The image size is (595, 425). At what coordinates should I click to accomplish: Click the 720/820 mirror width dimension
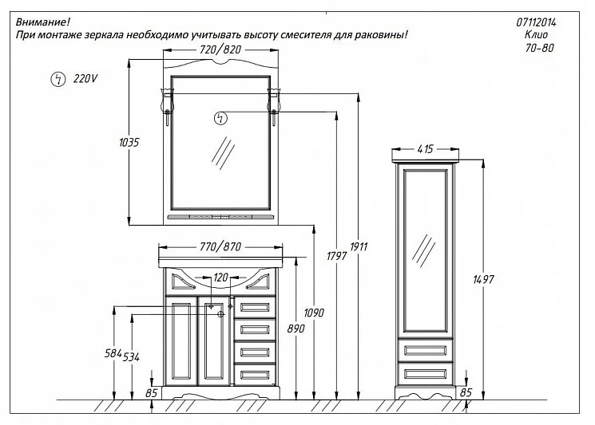pyautogui.click(x=220, y=49)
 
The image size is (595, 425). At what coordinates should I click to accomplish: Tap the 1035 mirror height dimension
pyautogui.click(x=129, y=143)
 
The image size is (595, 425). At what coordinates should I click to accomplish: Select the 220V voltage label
pyautogui.click(x=85, y=79)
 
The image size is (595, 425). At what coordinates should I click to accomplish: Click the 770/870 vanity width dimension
pyautogui.click(x=220, y=247)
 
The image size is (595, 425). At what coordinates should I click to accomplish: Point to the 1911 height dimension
pyautogui.click(x=359, y=247)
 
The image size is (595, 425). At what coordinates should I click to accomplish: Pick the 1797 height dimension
pyautogui.click(x=336, y=257)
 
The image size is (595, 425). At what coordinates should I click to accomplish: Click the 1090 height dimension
pyautogui.click(x=314, y=313)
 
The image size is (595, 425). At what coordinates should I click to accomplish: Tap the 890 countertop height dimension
pyautogui.click(x=296, y=329)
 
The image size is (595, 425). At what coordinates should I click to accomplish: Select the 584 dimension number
pyautogui.click(x=113, y=354)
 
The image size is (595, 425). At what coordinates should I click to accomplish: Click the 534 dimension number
pyautogui.click(x=131, y=357)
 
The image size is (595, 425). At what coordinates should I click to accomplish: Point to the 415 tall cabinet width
pyautogui.click(x=425, y=149)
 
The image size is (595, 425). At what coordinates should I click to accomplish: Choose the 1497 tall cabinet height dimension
pyautogui.click(x=483, y=280)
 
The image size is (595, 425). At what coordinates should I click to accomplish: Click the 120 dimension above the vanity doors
pyautogui.click(x=220, y=277)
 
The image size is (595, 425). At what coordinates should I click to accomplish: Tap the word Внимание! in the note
pyautogui.click(x=43, y=22)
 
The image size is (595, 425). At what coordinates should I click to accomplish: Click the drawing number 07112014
pyautogui.click(x=536, y=22)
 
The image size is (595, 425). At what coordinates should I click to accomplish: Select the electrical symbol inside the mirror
pyautogui.click(x=220, y=118)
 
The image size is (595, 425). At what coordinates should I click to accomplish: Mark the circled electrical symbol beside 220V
pyautogui.click(x=58, y=79)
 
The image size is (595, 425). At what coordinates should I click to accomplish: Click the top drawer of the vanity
pyautogui.click(x=255, y=307)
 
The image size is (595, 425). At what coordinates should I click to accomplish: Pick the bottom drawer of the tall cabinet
pyautogui.click(x=425, y=373)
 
